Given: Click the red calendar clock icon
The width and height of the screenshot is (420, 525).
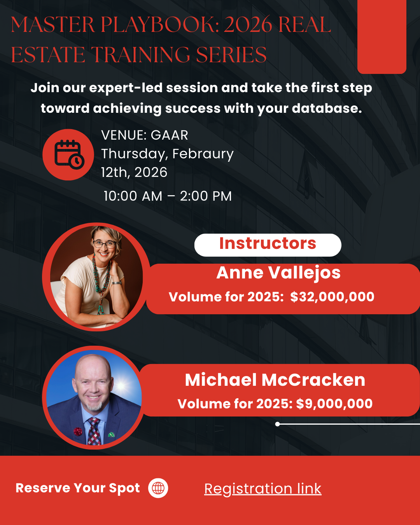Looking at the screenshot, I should (68, 154).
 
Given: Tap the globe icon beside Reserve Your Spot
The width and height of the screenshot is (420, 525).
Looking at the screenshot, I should (158, 488).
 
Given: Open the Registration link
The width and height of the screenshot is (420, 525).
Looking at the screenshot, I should (262, 488).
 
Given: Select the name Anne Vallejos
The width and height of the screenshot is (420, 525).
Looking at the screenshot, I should (278, 273).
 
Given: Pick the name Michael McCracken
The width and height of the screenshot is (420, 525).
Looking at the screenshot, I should (275, 380).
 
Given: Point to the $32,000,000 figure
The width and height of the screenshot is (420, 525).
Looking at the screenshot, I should (332, 297).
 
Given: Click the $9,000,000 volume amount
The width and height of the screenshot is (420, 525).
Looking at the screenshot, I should (334, 404).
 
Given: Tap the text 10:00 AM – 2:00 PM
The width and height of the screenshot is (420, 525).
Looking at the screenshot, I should (168, 196).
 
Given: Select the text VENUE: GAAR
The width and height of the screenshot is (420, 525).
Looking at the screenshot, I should (145, 135).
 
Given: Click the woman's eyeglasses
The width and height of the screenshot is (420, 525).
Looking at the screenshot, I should (104, 244).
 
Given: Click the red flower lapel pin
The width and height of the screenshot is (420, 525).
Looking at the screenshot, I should (78, 431).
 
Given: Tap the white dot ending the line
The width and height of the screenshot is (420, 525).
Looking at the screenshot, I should (277, 424).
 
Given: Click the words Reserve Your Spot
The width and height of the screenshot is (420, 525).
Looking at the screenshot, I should (77, 488).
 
